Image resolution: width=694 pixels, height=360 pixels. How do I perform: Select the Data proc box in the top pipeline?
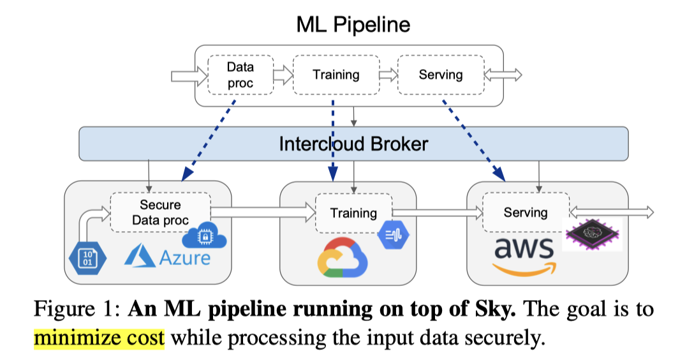point(240,75)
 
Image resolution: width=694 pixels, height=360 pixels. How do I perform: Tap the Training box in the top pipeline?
point(336,75)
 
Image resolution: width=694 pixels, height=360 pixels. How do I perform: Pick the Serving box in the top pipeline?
point(440,75)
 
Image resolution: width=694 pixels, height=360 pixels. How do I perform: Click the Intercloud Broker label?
point(353,144)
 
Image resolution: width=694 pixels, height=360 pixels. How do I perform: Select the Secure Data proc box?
point(160,213)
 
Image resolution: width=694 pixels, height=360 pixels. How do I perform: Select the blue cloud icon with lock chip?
point(205,237)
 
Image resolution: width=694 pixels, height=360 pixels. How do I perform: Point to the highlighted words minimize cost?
point(99,336)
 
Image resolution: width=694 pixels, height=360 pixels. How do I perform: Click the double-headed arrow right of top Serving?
point(504,75)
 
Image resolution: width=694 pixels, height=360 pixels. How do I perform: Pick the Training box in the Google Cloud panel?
point(353,213)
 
